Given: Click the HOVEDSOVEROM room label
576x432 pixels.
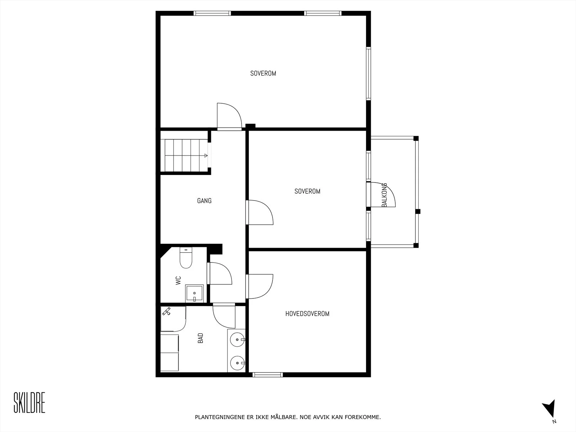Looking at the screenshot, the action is tap(307, 314).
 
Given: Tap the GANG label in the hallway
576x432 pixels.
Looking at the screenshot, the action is tap(204, 201).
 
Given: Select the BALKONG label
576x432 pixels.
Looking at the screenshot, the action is tap(384, 195).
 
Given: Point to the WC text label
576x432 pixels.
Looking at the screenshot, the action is tap(178, 280).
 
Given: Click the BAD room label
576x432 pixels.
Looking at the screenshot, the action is tap(201, 338).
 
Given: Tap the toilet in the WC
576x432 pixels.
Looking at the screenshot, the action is tap(186, 257).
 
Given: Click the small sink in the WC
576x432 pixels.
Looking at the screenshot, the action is tap(194, 293).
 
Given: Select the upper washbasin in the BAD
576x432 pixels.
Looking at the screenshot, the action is tap(238, 339).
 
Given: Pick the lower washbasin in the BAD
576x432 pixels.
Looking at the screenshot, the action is tap(238, 363).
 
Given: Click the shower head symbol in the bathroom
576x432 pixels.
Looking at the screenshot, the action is tap(166, 311).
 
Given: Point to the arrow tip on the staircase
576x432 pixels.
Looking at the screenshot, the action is tap(207, 156).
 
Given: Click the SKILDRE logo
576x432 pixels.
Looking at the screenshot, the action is tap(30, 402).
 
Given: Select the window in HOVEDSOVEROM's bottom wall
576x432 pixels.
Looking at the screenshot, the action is tap(268, 375).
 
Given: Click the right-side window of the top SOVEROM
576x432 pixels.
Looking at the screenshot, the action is tap(368, 73).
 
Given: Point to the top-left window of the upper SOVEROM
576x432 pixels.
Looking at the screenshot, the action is tap(212, 13).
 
